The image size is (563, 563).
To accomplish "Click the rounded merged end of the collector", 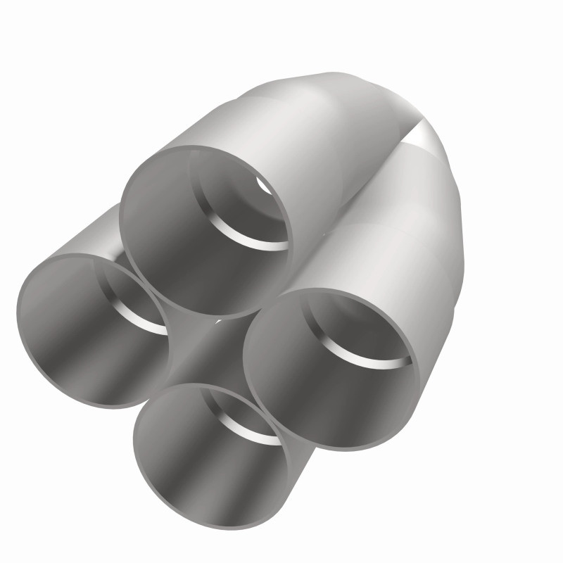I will (394, 106).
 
